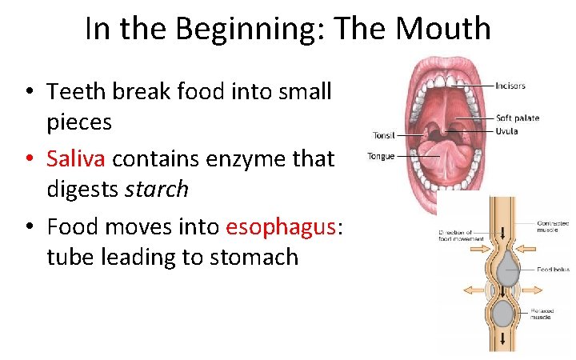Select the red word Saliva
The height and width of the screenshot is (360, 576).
tap(76, 158)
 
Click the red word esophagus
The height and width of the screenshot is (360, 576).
tap(282, 226)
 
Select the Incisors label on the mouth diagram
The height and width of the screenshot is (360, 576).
tap(510, 86)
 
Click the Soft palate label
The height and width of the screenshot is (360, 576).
tap(518, 118)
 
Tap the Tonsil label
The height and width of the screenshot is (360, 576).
tap(384, 135)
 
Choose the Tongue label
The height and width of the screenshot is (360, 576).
tap(381, 156)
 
